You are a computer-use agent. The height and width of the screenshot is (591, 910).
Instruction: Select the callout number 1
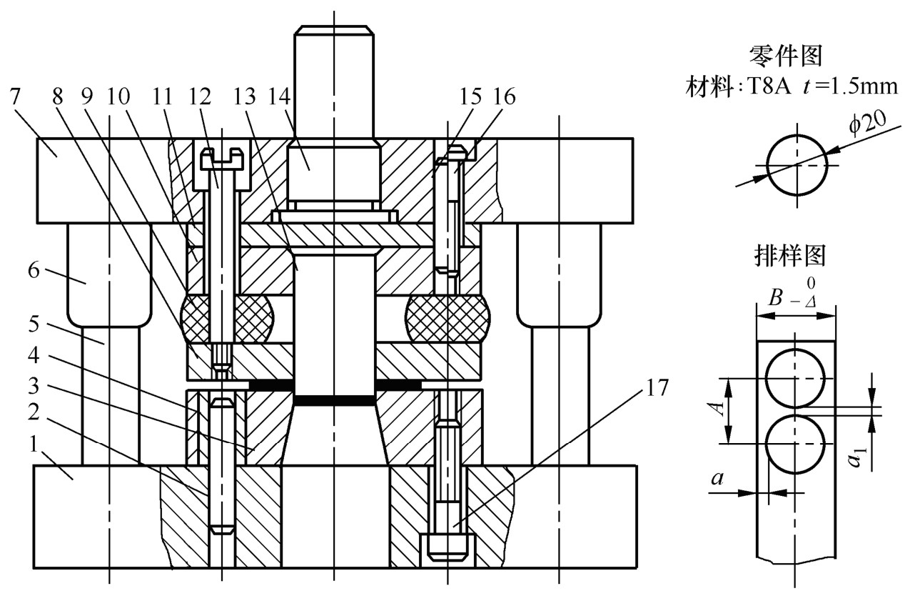click(x=34, y=445)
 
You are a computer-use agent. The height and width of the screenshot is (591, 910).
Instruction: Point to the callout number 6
click(x=34, y=270)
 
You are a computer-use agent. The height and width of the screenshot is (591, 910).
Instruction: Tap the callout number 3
click(x=34, y=386)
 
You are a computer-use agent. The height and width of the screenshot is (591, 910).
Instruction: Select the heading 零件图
click(x=786, y=56)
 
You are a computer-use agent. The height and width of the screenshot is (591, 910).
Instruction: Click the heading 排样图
click(x=790, y=256)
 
